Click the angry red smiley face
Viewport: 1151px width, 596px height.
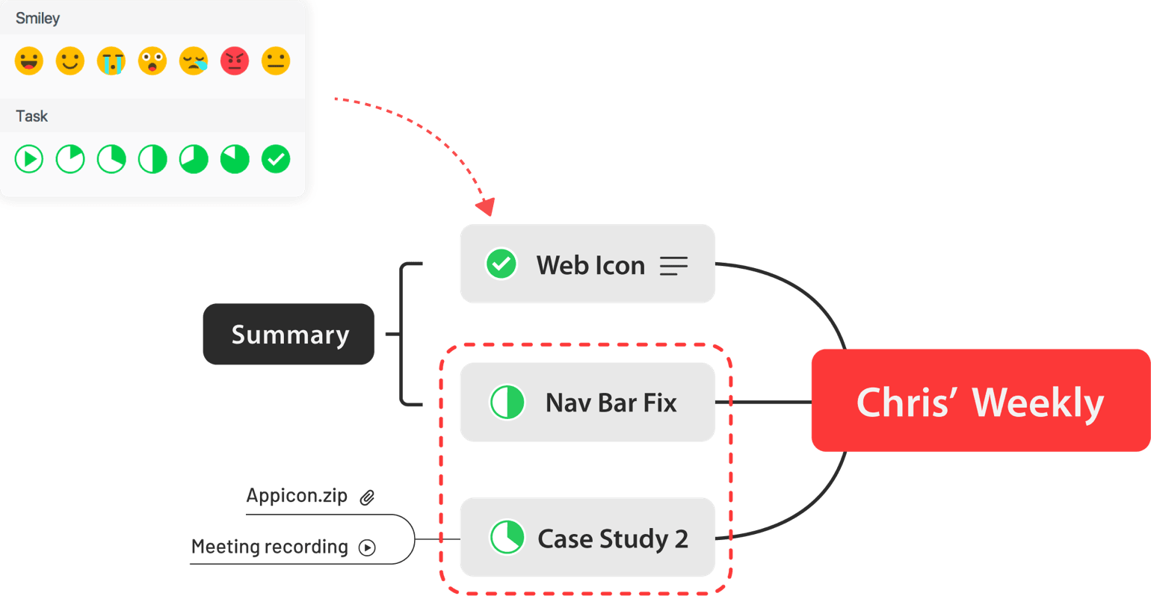(235, 61)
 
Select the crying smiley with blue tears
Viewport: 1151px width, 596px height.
(111, 61)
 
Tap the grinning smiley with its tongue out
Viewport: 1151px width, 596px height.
(29, 61)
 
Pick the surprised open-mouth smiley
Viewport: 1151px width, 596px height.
(152, 61)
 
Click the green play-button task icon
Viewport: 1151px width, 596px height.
(29, 159)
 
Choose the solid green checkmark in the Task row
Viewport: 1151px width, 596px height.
(276, 159)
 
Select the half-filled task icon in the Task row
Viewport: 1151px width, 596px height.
(152, 159)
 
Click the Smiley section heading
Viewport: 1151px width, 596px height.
(37, 18)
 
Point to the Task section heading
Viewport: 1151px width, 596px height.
(31, 116)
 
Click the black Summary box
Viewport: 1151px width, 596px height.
(288, 334)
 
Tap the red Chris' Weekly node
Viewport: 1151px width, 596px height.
(980, 401)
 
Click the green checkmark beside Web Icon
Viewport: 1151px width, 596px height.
(502, 264)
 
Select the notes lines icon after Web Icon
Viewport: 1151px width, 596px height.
(673, 266)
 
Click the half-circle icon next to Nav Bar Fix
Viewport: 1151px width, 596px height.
(507, 402)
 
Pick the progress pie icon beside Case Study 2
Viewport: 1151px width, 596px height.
(507, 538)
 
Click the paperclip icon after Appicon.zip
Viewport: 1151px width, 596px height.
(367, 497)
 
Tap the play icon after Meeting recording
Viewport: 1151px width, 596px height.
(367, 547)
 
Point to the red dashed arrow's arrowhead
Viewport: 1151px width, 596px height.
(487, 206)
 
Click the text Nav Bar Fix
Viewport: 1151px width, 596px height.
(611, 403)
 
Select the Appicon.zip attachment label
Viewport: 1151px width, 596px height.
(297, 495)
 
